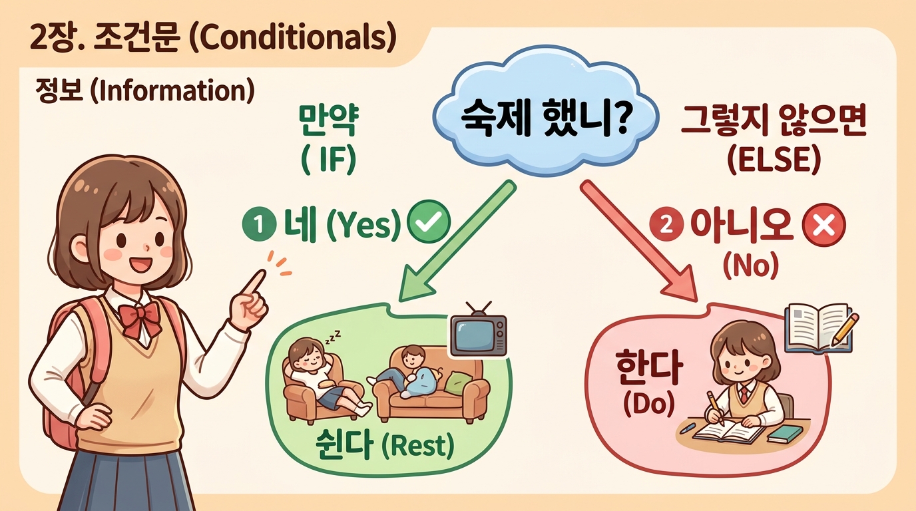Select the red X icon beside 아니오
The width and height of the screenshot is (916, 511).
tap(823, 228)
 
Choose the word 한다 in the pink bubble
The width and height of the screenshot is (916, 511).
tap(645, 369)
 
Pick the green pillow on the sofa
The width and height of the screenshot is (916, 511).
tap(458, 382)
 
